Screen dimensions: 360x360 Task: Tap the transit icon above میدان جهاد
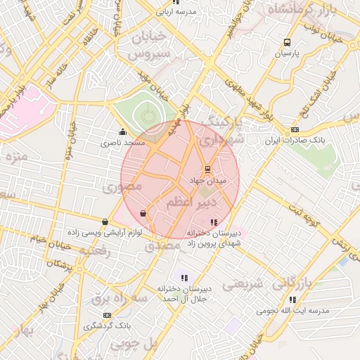(x=207, y=169)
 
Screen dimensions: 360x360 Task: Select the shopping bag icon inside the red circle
(x=143, y=213)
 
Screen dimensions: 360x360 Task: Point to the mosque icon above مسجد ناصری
(x=123, y=131)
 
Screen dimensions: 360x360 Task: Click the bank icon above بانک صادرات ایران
(x=295, y=129)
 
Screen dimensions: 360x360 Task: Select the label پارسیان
(x=286, y=53)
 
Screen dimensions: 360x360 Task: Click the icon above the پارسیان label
(x=287, y=42)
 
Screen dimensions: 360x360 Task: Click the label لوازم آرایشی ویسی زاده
(x=105, y=232)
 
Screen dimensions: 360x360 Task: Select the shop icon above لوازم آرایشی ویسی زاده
(x=105, y=221)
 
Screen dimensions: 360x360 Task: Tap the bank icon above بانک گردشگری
(x=107, y=315)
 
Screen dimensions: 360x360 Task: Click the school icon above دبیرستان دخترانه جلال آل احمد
(x=184, y=278)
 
